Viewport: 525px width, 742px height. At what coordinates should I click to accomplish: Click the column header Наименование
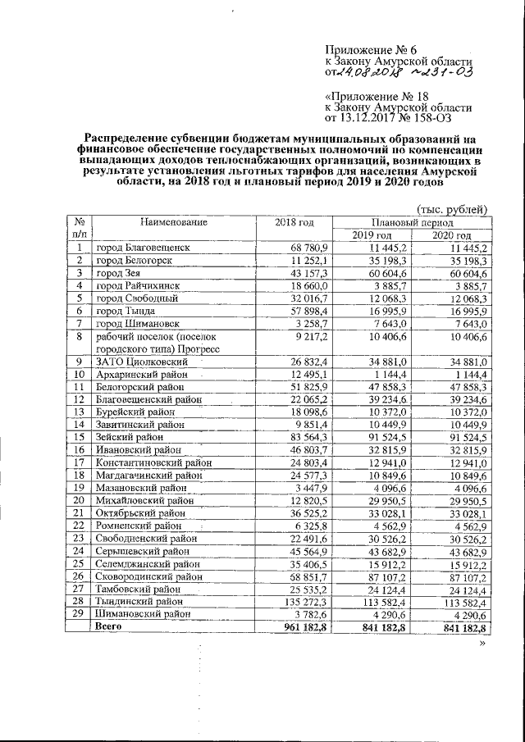click(x=173, y=221)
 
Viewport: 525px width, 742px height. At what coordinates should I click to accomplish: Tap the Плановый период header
click(x=412, y=222)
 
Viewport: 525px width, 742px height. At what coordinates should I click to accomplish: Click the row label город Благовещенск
click(x=144, y=248)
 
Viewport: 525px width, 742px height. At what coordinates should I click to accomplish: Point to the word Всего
click(x=110, y=627)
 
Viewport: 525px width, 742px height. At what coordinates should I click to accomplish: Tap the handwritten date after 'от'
click(x=374, y=73)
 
